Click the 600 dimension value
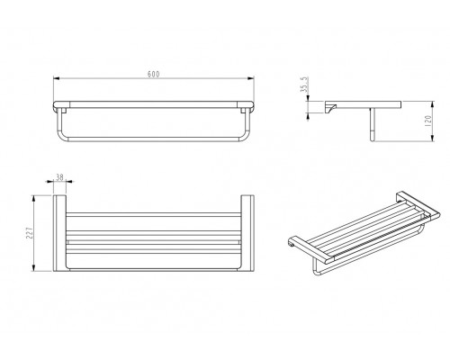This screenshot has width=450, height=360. [153, 74]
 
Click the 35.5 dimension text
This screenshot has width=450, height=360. [304, 85]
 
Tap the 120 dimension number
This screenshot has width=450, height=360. [428, 121]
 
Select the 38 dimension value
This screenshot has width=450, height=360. [60, 177]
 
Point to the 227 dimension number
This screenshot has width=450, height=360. [30, 233]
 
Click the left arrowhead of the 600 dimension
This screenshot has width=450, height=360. [57, 78]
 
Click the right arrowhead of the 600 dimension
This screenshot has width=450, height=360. [250, 78]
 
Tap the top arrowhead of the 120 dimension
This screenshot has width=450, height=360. [432, 105]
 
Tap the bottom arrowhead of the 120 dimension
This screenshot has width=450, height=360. [432, 138]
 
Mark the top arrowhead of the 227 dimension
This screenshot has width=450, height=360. [34, 199]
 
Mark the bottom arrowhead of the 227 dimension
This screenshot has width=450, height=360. [34, 267]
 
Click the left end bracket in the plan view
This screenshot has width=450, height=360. [59, 233]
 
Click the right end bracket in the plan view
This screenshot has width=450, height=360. [247, 233]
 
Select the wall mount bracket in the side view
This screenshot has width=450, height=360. [330, 107]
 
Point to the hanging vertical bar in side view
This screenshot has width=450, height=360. [373, 124]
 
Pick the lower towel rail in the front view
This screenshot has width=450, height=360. [153, 139]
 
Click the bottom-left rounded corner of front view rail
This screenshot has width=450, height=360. [61, 137]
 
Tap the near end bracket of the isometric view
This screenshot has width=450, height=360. [310, 249]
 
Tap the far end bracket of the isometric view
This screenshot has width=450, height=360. [418, 207]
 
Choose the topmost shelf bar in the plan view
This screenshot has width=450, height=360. [154, 215]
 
